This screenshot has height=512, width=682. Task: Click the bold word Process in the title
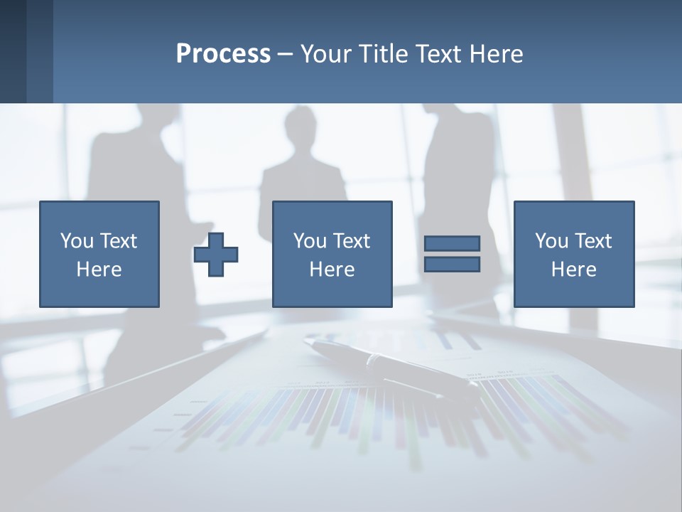click(223, 54)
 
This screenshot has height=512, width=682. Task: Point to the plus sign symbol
click(216, 255)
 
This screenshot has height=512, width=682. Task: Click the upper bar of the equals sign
click(452, 243)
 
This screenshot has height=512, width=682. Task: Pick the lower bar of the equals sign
click(452, 265)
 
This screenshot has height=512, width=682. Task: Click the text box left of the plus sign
click(99, 254)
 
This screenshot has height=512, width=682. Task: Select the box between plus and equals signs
click(332, 254)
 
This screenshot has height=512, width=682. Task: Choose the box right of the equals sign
click(574, 254)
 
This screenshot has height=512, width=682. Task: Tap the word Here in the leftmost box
click(99, 270)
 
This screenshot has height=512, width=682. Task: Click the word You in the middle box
click(310, 241)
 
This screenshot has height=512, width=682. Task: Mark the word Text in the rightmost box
click(594, 241)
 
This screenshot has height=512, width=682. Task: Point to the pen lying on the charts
click(391, 366)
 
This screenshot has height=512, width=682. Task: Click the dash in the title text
click(286, 54)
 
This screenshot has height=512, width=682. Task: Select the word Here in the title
click(497, 54)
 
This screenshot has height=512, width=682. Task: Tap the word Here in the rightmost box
click(574, 270)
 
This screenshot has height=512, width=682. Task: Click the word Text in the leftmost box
click(119, 241)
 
